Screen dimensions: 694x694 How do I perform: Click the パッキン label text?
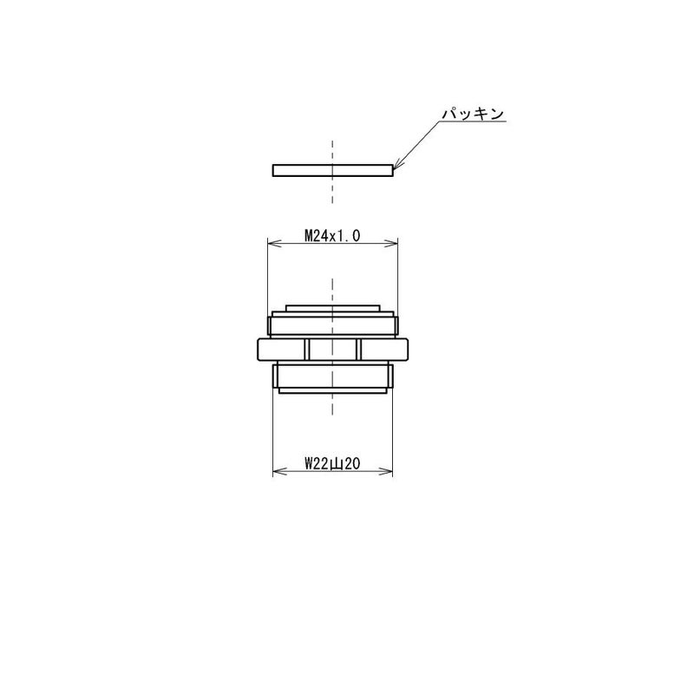click(x=473, y=114)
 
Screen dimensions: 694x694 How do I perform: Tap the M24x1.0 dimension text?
click(x=332, y=236)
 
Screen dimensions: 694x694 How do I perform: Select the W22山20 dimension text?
click(x=332, y=464)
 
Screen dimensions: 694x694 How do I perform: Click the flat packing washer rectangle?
click(x=332, y=170)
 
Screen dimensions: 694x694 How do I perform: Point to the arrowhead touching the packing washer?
click(x=397, y=165)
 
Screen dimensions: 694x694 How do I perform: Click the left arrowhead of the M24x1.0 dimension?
click(x=274, y=243)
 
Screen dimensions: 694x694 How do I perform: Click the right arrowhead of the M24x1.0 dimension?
click(x=390, y=243)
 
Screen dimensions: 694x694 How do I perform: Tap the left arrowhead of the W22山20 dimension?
click(x=279, y=471)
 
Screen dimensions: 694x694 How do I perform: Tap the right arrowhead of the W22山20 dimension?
click(x=385, y=471)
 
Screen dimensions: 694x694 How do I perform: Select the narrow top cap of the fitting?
click(x=332, y=308)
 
